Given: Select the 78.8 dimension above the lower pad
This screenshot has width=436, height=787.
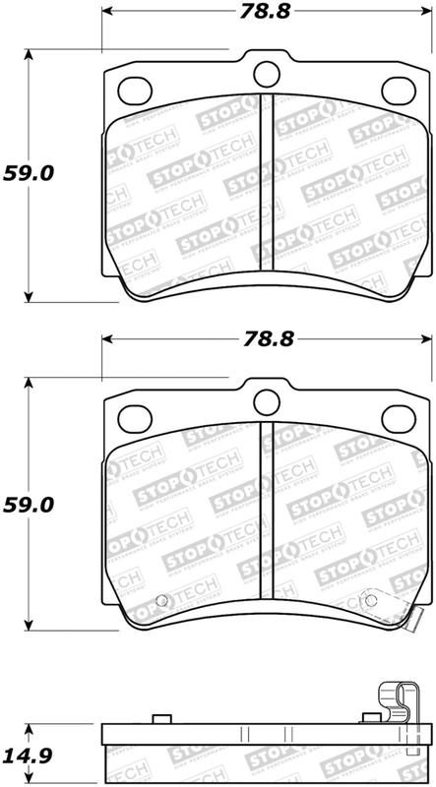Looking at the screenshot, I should pyautogui.click(x=266, y=340).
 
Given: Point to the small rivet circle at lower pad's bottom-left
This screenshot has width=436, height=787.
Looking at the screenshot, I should pyautogui.click(x=161, y=602).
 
